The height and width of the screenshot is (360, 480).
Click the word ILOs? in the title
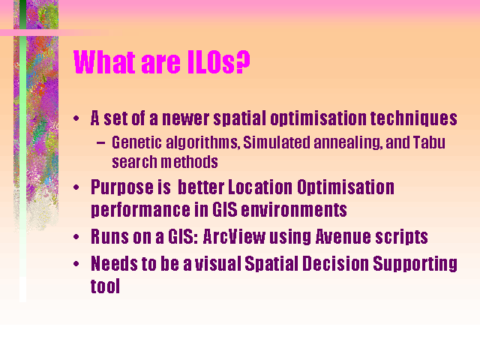click(x=218, y=62)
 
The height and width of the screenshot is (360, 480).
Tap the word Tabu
click(x=429, y=142)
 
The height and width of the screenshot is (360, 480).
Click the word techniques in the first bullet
click(x=413, y=118)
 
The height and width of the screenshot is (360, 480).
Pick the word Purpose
click(x=122, y=188)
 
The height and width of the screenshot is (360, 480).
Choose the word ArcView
click(x=234, y=237)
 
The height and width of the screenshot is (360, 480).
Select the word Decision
click(x=335, y=263)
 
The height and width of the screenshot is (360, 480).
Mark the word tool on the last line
click(x=105, y=286)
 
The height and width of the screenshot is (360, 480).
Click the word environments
click(x=294, y=210)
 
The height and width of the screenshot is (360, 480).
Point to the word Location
click(x=260, y=187)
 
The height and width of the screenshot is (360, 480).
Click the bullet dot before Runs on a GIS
click(x=76, y=237)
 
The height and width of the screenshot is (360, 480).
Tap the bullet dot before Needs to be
click(x=76, y=264)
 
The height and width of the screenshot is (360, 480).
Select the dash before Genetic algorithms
click(x=100, y=143)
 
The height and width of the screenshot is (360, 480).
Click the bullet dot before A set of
click(x=76, y=118)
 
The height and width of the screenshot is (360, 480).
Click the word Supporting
click(x=415, y=265)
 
